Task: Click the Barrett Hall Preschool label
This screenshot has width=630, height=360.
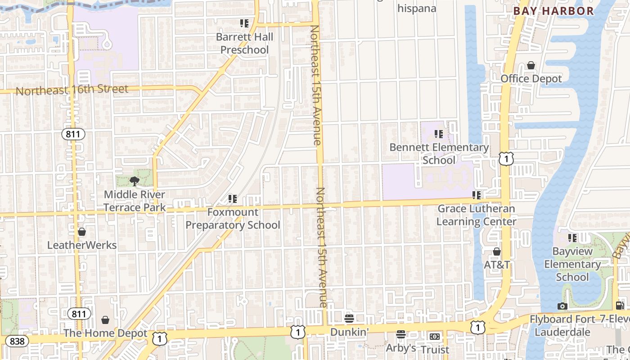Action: pyautogui.click(x=244, y=43)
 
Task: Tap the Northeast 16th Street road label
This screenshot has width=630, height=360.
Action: pyautogui.click(x=72, y=90)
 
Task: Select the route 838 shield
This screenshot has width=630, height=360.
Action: pyautogui.click(x=17, y=341)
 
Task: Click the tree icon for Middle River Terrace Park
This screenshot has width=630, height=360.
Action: pyautogui.click(x=134, y=181)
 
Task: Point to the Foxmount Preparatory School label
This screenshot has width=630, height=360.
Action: pyautogui.click(x=233, y=218)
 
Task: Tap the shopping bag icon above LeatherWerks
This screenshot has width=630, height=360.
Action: pyautogui.click(x=81, y=232)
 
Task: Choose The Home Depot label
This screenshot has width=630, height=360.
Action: pyautogui.click(x=105, y=333)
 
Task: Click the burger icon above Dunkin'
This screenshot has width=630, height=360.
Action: pyautogui.click(x=349, y=319)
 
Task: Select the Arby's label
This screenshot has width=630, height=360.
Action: pyautogui.click(x=400, y=348)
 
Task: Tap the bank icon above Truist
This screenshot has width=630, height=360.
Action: pyautogui.click(x=434, y=336)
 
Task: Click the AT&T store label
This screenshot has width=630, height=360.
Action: pyautogui.click(x=497, y=265)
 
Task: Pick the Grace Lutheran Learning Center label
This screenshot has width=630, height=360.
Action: pyautogui.click(x=476, y=215)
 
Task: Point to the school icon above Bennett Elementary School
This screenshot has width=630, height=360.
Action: pyautogui.click(x=439, y=134)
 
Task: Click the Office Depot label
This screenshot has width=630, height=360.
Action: pyautogui.click(x=531, y=79)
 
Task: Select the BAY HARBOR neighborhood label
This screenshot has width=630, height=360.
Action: pyautogui.click(x=553, y=11)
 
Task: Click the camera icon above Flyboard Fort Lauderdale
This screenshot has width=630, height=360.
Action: pyautogui.click(x=562, y=306)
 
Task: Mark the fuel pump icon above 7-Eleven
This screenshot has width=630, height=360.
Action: pyautogui.click(x=620, y=306)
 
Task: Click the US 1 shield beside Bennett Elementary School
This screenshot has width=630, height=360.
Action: pyautogui.click(x=506, y=158)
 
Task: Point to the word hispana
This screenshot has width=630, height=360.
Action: pyautogui.click(x=417, y=8)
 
